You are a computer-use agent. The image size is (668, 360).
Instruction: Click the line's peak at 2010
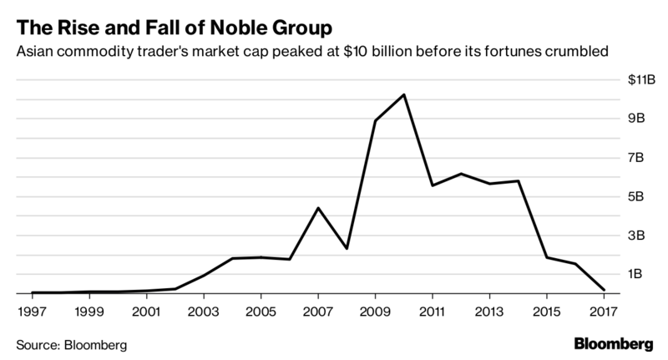[x=404, y=94]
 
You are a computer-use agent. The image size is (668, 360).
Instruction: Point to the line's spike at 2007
[x=318, y=208]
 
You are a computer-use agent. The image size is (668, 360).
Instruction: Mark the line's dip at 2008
[x=347, y=249]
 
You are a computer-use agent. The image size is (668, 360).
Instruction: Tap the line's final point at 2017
[x=604, y=290]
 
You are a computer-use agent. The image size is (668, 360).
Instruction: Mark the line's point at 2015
[x=547, y=257]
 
